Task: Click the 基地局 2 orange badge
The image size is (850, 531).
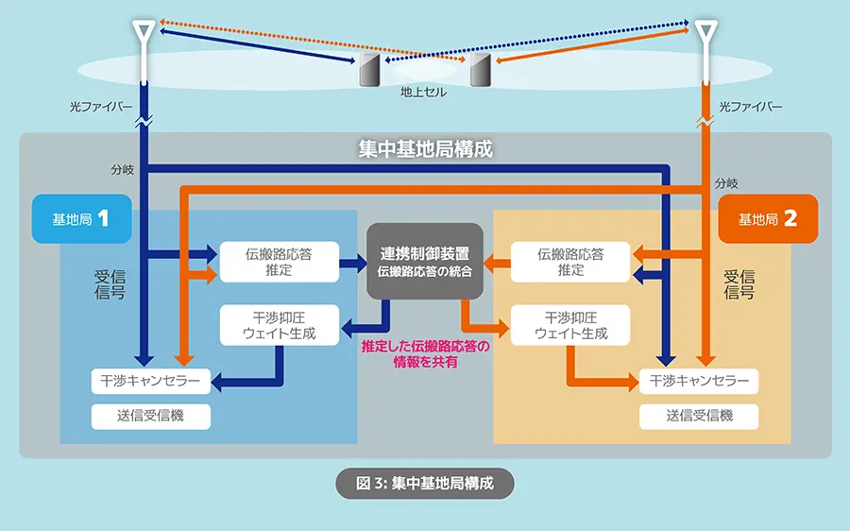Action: click(768, 219)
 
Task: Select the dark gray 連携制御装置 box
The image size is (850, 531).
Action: click(424, 262)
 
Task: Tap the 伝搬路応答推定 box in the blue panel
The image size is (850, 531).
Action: click(279, 262)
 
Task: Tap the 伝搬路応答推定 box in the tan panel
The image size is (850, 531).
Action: click(570, 262)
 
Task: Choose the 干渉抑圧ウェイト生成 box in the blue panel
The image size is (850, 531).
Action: click(279, 325)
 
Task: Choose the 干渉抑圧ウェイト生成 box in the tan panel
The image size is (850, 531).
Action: click(570, 325)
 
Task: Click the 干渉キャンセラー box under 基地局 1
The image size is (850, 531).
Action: click(150, 381)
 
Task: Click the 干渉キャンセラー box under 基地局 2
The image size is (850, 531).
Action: click(699, 381)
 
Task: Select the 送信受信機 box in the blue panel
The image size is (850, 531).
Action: click(150, 416)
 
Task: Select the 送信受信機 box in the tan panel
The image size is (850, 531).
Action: click(699, 416)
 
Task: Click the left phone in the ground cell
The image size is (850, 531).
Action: click(367, 69)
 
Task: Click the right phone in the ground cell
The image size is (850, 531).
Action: click(481, 69)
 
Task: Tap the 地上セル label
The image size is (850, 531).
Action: click(424, 93)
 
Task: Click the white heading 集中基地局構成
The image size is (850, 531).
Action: click(425, 149)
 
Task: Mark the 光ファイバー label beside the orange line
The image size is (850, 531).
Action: click(751, 107)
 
